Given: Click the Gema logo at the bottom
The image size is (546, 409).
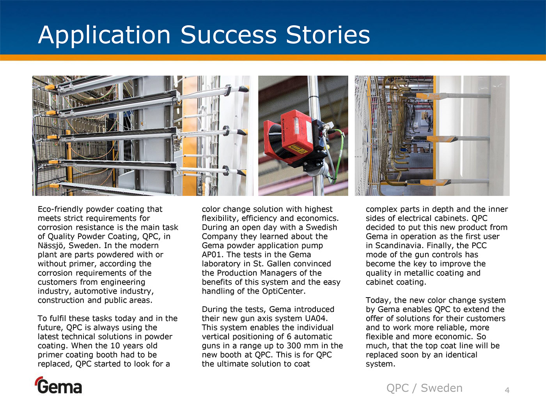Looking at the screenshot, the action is (x=59, y=385).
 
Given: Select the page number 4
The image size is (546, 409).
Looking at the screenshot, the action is (x=507, y=390).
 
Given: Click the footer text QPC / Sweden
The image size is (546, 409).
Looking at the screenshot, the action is (x=424, y=388).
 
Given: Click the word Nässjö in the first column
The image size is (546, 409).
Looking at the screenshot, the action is (x=52, y=246).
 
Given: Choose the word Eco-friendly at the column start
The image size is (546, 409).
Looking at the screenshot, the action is (x=60, y=209).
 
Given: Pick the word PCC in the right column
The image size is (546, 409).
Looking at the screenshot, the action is (x=479, y=246).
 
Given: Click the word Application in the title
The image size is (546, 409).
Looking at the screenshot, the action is (x=104, y=35).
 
